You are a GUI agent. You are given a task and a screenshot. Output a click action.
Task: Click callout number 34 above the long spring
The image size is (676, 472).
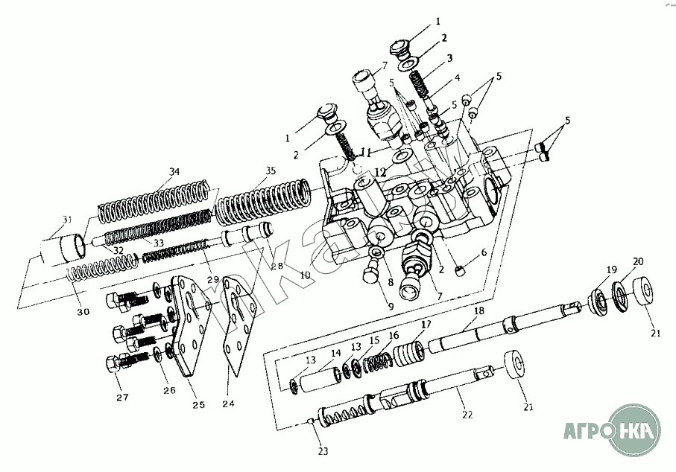[x=174, y=172]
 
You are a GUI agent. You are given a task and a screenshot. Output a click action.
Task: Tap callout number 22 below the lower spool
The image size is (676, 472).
[x=467, y=415]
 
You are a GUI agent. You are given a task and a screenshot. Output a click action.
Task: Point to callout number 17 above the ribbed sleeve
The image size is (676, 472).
[x=426, y=324]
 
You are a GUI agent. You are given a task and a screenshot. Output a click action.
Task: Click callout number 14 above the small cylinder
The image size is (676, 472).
[x=335, y=352]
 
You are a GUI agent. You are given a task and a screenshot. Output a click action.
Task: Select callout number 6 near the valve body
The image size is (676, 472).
[x=483, y=252]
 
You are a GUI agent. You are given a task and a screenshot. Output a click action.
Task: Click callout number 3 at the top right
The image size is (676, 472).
[x=451, y=57]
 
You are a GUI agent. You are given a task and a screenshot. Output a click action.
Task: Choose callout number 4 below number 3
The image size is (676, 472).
[x=457, y=77]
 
